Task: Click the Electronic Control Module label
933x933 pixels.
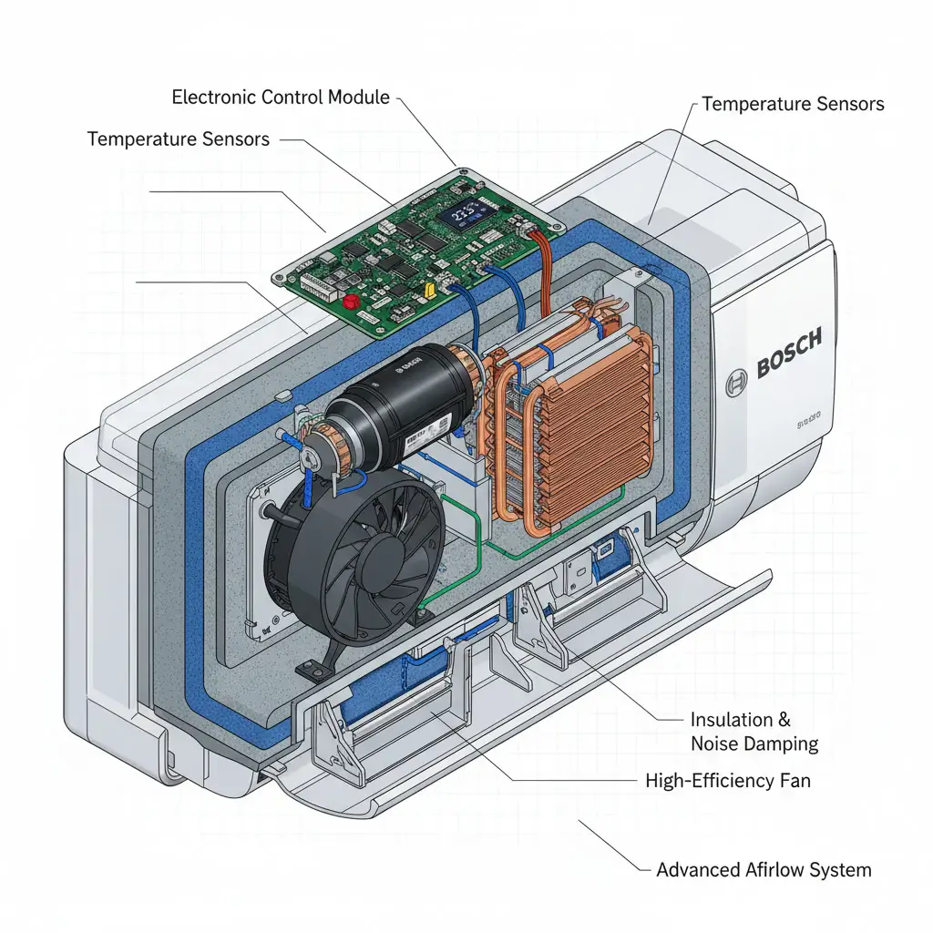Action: (280, 97)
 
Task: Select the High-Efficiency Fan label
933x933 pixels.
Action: (727, 780)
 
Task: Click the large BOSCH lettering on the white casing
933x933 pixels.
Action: (789, 354)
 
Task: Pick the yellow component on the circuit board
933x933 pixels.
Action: (430, 289)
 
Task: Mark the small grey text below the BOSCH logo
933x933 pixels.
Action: (809, 418)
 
